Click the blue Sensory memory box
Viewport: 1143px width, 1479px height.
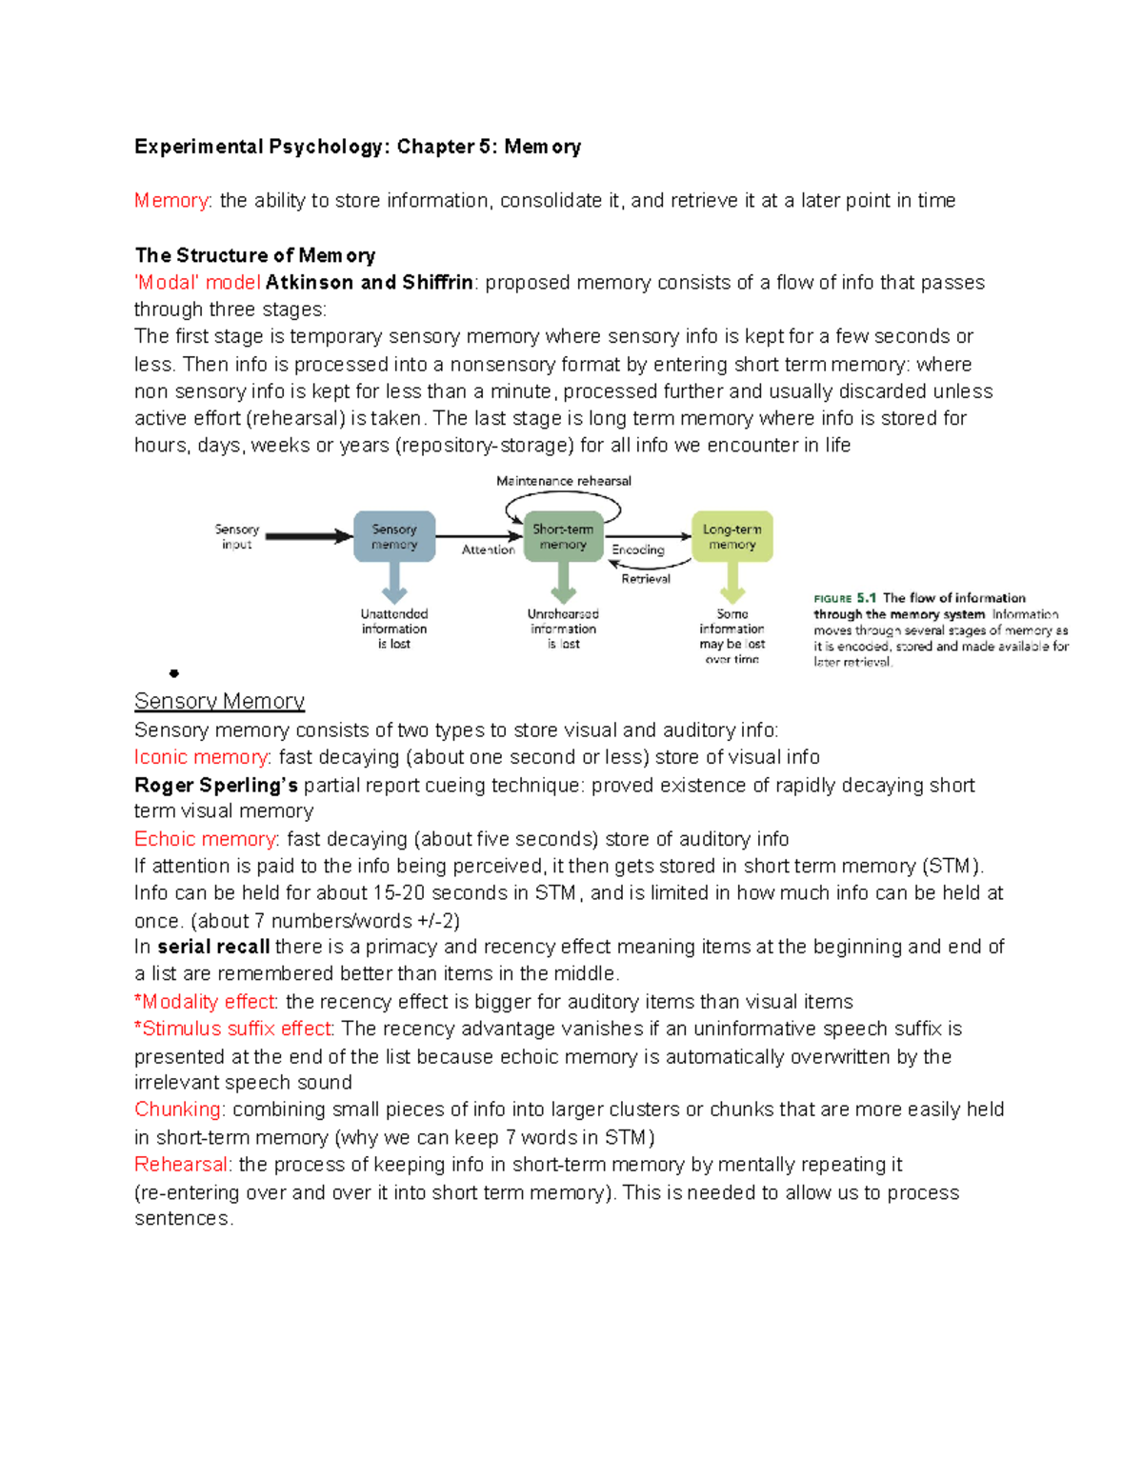[x=394, y=536]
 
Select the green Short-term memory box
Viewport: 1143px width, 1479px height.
[x=563, y=536]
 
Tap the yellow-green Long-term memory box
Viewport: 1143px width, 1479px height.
[x=732, y=536]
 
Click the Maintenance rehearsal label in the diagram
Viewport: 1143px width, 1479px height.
[x=563, y=481]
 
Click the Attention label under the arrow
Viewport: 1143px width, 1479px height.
[x=488, y=550]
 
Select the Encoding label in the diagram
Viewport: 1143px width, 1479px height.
[x=637, y=550]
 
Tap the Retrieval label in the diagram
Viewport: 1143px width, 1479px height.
[x=645, y=578]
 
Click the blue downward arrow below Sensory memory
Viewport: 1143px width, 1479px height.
[x=394, y=582]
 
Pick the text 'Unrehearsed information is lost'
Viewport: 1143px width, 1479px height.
[x=563, y=629]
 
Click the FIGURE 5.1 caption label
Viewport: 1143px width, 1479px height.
[x=844, y=598]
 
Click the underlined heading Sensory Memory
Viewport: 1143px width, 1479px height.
[x=219, y=701]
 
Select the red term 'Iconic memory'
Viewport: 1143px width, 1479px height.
[x=201, y=757]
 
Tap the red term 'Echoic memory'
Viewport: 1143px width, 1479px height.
[x=206, y=839]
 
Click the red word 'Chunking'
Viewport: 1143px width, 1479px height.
[x=178, y=1109]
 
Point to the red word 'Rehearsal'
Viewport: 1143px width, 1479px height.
[x=181, y=1165]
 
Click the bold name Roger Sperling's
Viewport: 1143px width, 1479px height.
[x=215, y=785]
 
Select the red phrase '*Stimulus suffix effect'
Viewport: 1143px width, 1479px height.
[x=233, y=1029]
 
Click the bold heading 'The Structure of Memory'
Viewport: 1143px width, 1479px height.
[x=254, y=255]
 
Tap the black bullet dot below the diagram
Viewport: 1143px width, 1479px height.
[x=173, y=673]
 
